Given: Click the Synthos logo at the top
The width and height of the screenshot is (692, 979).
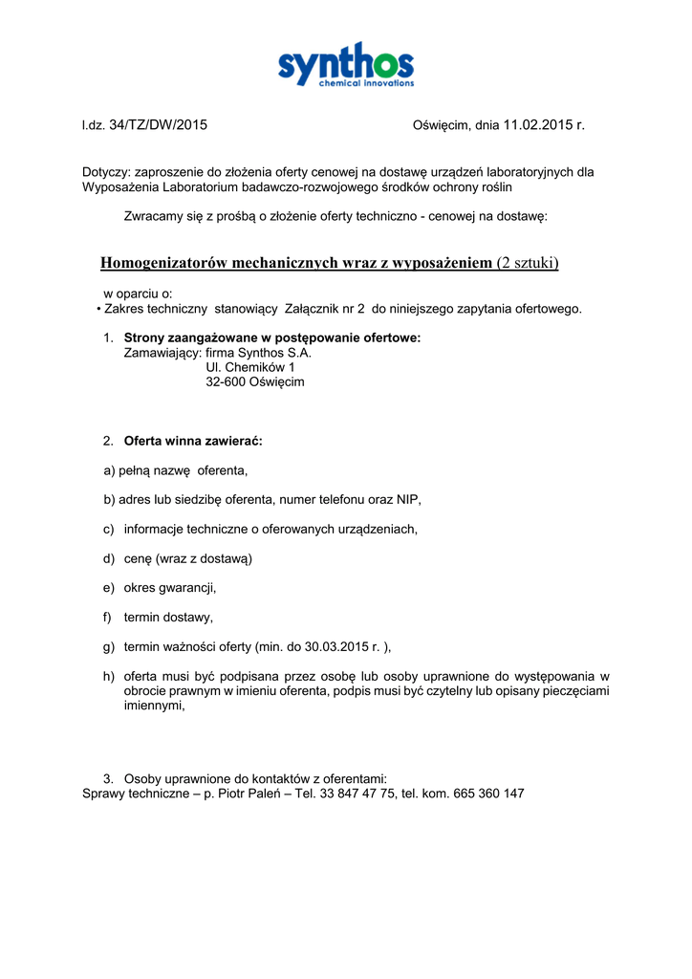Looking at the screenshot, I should [346, 65].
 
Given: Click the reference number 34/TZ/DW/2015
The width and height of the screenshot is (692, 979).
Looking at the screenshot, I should [159, 125].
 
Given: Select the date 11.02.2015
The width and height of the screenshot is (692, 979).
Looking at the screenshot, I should [537, 125].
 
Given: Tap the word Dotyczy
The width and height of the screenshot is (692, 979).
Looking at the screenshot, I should [105, 173].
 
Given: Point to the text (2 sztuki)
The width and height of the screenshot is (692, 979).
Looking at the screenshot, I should [528, 263].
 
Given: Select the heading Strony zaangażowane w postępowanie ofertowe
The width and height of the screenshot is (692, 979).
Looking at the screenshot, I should [272, 337].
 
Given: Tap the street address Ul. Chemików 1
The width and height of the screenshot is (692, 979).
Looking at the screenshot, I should [250, 367].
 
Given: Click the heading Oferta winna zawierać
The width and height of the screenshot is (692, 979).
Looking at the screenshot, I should [193, 441].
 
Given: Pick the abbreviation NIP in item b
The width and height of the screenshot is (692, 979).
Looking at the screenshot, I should [408, 499].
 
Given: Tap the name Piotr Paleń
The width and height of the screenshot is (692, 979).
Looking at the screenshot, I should [252, 794].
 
